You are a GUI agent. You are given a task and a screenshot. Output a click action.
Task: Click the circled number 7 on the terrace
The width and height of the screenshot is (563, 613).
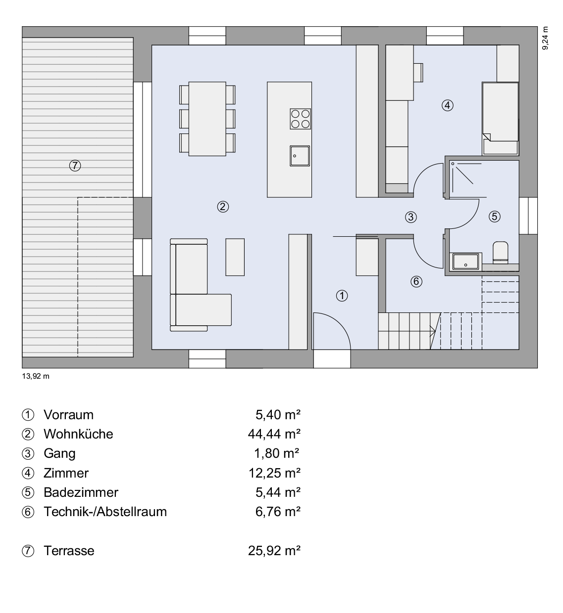(x=75, y=166)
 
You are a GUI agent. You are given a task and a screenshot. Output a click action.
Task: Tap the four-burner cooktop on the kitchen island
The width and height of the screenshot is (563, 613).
(x=300, y=119)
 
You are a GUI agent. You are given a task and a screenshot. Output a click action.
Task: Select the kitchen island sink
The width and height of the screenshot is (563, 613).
(x=300, y=156)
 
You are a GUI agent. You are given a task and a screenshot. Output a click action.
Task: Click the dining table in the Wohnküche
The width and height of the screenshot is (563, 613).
(x=207, y=119)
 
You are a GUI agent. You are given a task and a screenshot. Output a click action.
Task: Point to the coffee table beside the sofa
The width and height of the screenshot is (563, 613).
(x=235, y=257)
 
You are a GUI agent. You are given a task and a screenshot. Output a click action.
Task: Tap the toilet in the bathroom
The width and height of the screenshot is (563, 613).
(x=500, y=253)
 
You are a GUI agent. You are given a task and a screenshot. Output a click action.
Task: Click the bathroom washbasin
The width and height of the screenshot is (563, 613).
(x=465, y=262)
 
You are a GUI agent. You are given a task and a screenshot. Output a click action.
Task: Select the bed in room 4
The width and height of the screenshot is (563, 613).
(x=500, y=118)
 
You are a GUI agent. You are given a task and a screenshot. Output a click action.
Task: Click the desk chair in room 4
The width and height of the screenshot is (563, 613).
(x=418, y=73)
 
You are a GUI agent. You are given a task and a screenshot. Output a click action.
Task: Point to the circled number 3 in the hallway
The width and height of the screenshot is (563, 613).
(x=410, y=218)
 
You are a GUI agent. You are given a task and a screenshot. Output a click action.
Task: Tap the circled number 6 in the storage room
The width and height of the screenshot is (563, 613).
(x=416, y=281)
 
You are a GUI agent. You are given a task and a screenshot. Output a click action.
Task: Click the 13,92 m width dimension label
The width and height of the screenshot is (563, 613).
(x=36, y=376)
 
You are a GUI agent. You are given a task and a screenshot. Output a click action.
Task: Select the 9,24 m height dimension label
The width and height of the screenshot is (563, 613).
(x=545, y=38)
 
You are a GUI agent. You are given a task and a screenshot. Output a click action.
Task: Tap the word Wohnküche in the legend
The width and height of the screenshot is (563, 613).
(x=78, y=434)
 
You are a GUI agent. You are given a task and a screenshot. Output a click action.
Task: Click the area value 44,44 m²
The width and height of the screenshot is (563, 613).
(x=274, y=434)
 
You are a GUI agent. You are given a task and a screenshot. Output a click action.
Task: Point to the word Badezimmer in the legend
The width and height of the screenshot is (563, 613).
(x=81, y=492)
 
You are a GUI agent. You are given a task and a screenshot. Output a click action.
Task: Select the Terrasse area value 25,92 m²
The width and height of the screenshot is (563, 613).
(x=274, y=551)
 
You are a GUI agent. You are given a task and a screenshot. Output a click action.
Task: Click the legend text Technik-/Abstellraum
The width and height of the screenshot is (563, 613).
(x=105, y=512)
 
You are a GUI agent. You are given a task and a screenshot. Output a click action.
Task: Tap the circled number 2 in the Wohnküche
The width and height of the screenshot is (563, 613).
(x=223, y=207)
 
